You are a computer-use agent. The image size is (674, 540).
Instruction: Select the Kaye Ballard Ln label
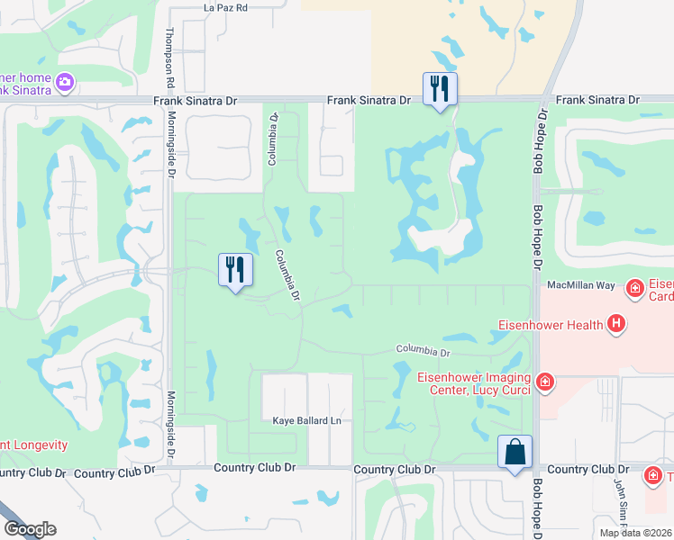click(x=308, y=420)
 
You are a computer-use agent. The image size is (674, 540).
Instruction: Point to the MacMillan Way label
click(x=580, y=285)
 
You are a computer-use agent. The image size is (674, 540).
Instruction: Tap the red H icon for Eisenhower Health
click(x=616, y=323)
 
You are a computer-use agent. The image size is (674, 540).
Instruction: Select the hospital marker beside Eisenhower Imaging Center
click(x=544, y=383)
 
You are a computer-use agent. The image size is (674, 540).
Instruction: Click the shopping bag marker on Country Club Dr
click(x=515, y=450)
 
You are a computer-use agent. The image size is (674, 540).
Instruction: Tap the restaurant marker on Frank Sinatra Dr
click(x=440, y=87)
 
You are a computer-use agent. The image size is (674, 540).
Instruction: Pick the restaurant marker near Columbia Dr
click(x=233, y=268)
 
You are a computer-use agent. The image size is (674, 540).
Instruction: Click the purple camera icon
click(x=64, y=83)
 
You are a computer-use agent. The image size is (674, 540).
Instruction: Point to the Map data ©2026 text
click(x=635, y=533)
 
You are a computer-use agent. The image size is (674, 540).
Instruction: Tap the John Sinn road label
click(x=620, y=508)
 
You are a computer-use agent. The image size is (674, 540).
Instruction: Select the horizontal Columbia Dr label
click(x=422, y=349)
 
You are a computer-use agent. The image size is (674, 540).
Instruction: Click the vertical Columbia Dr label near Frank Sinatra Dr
click(x=273, y=138)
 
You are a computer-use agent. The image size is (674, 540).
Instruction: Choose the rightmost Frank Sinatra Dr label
click(x=597, y=101)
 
